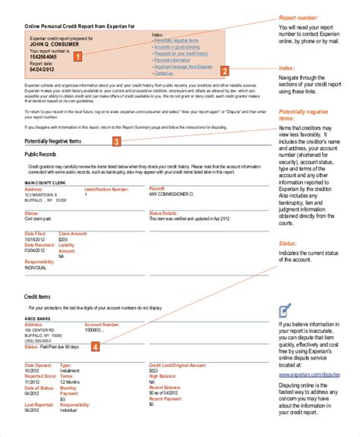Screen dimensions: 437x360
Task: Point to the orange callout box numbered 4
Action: pyautogui.click(x=94, y=347)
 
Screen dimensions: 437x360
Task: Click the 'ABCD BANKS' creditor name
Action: pyautogui.click(x=36, y=319)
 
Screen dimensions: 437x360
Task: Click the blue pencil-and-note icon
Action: pyautogui.click(x=285, y=310)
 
